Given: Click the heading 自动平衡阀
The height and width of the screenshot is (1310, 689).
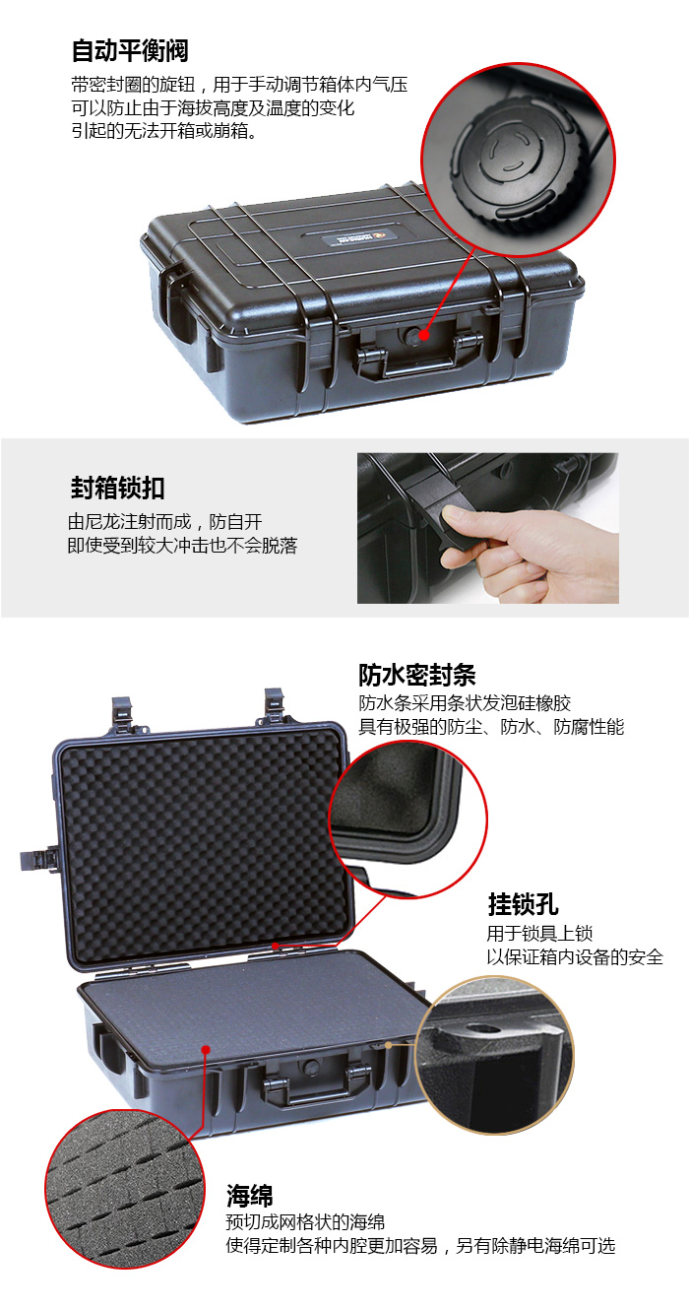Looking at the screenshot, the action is pos(130,51).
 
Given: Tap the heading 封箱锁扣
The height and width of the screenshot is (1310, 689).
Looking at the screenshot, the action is pos(117,488).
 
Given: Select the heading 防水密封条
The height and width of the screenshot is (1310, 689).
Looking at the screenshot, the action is pos(416,675).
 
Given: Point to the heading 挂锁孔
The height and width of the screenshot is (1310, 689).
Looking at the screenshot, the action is pos(523,904).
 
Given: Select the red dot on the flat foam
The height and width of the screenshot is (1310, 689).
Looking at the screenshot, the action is pos(206,1050).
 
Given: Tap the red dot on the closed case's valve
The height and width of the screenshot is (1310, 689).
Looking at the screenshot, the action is pos(423,335).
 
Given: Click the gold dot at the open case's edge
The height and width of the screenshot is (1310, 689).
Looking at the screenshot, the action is pos(388,1044).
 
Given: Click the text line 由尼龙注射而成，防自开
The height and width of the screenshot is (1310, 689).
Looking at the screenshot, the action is pos(164,522).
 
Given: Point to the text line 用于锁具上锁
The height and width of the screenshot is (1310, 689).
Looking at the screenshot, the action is pos(540,934).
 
